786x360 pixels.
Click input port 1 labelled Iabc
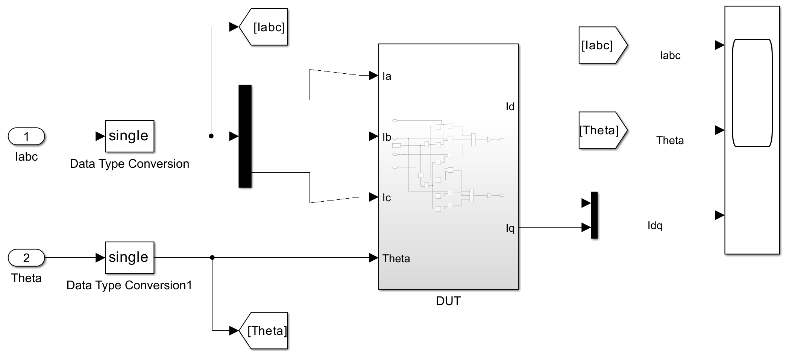[x=26, y=136]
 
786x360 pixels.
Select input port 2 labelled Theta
[x=26, y=258]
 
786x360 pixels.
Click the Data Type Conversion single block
[x=129, y=136]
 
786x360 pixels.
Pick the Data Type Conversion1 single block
[x=129, y=258]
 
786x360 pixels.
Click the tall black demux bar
[x=245, y=136]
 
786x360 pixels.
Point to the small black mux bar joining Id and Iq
[x=594, y=215]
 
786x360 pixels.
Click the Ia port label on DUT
[x=387, y=76]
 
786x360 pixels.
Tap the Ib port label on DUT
[x=387, y=137]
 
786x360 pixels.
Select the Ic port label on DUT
[x=387, y=198]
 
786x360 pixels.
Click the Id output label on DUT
[x=510, y=107]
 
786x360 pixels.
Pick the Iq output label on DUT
[x=510, y=228]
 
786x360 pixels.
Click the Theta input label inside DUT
[x=396, y=258]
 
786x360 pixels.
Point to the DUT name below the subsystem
[x=448, y=301]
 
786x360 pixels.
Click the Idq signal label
[x=655, y=226]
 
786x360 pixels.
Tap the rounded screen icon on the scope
[x=752, y=93]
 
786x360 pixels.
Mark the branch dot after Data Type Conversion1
[x=212, y=258]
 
